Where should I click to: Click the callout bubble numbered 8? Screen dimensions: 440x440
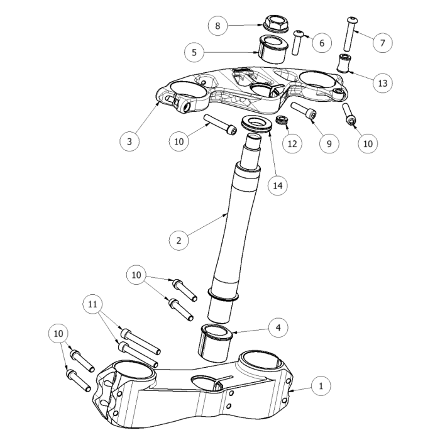click(217, 26)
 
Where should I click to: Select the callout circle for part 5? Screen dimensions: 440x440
click(194, 52)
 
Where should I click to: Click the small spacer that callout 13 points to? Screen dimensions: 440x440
click(344, 64)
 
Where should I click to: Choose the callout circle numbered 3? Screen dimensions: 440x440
click(129, 141)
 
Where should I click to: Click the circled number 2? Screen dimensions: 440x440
click(179, 239)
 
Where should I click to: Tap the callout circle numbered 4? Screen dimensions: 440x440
click(278, 327)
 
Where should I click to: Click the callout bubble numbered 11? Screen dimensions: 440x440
click(93, 305)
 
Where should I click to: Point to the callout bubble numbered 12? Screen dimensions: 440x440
click(291, 144)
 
